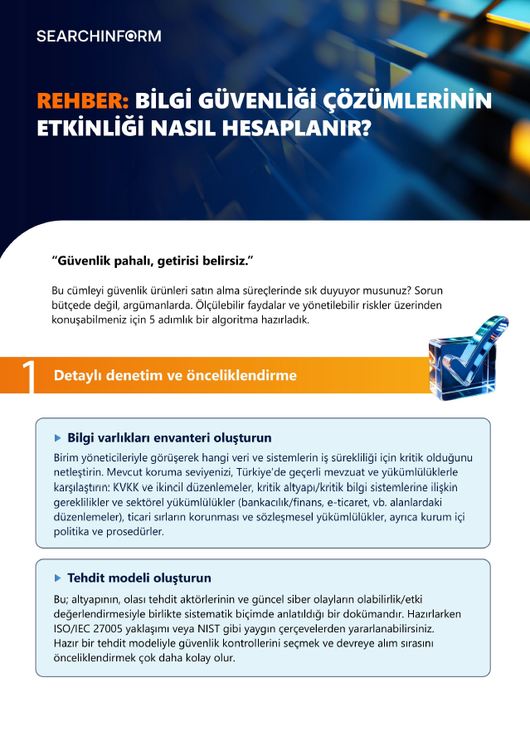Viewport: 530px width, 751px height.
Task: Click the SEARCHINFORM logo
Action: point(99,36)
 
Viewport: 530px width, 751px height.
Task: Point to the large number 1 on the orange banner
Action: point(28,376)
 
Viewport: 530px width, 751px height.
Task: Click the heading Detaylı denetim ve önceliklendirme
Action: point(175,376)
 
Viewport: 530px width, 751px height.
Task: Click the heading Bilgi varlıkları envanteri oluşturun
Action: point(169,437)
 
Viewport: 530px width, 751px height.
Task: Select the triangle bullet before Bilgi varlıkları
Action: point(58,437)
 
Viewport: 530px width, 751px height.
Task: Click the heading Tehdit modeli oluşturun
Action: point(139,578)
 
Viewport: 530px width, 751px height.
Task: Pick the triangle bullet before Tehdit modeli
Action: point(58,578)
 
